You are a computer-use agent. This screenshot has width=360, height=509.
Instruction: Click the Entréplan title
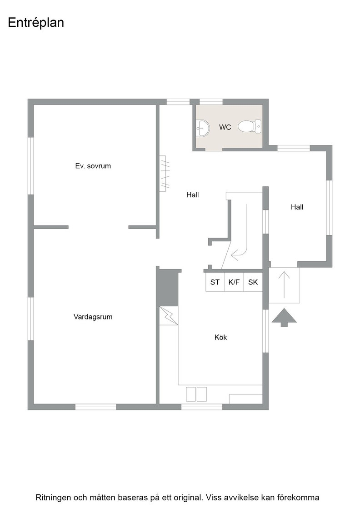pyautogui.click(x=36, y=23)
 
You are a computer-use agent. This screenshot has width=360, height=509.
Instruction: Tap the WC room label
pyautogui.click(x=225, y=127)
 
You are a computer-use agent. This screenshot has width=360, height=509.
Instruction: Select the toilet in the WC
pyautogui.click(x=250, y=126)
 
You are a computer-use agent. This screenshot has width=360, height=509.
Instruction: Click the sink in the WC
pyautogui.click(x=203, y=128)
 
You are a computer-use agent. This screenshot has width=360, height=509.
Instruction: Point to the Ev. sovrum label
pyautogui.click(x=93, y=166)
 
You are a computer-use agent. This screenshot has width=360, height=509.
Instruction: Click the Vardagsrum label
pyautogui.click(x=93, y=317)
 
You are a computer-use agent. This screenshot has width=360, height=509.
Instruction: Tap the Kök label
pyautogui.click(x=221, y=337)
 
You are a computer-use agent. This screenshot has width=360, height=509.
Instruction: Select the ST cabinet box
pyautogui.click(x=215, y=282)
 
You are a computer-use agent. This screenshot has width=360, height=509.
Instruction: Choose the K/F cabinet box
pyautogui.click(x=234, y=282)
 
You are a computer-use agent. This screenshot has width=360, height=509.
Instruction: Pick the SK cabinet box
pyautogui.click(x=253, y=282)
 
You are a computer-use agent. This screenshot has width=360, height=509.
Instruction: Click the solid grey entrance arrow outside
pyautogui.click(x=284, y=318)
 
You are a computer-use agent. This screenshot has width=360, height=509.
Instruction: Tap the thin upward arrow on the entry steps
pyautogui.click(x=285, y=284)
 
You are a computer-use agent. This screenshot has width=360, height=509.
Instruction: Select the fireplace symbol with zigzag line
pyautogui.click(x=169, y=315)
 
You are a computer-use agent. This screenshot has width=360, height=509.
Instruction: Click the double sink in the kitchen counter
pyautogui.click(x=196, y=394)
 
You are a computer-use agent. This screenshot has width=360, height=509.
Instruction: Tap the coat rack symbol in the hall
pyautogui.click(x=165, y=174)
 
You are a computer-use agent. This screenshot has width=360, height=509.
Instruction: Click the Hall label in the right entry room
pyautogui.click(x=297, y=207)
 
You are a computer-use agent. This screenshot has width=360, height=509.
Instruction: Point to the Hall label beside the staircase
pyautogui.click(x=192, y=195)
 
